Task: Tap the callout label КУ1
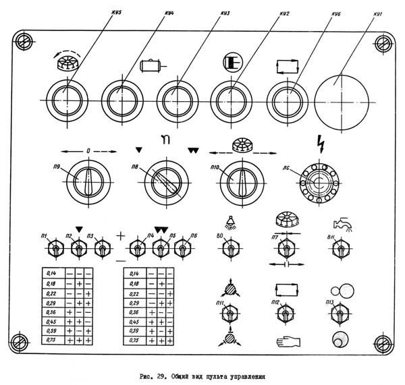coord(378,13)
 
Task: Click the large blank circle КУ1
coord(344,98)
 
